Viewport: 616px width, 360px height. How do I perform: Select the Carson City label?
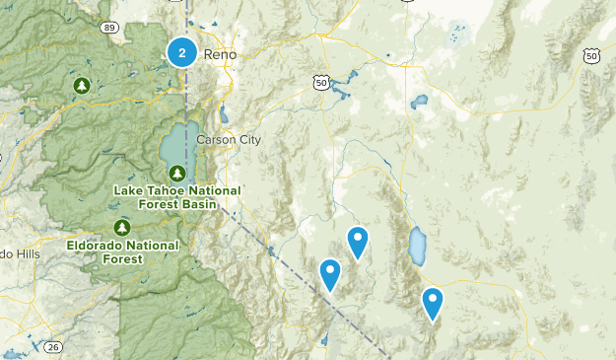[x=229, y=140]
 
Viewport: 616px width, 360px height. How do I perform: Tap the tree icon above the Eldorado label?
[x=122, y=227]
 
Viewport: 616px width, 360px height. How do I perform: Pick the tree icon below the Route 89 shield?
[x=83, y=86]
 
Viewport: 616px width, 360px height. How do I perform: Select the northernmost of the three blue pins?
[x=358, y=241]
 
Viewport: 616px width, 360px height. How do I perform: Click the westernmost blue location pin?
[x=330, y=273]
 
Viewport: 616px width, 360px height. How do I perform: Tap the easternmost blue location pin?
[x=433, y=302]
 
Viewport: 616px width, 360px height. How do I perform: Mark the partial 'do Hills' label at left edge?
[x=19, y=254]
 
